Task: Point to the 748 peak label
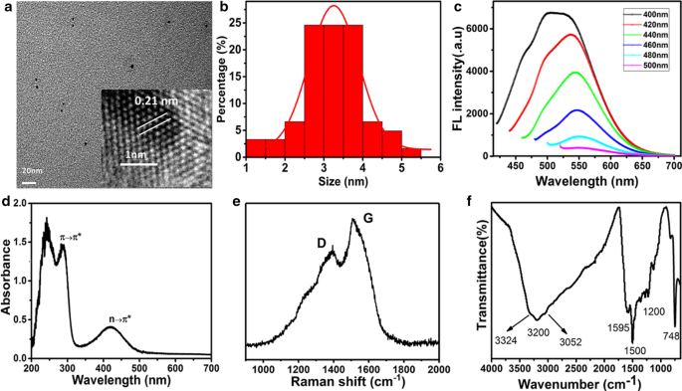pyautogui.click(x=671, y=336)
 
